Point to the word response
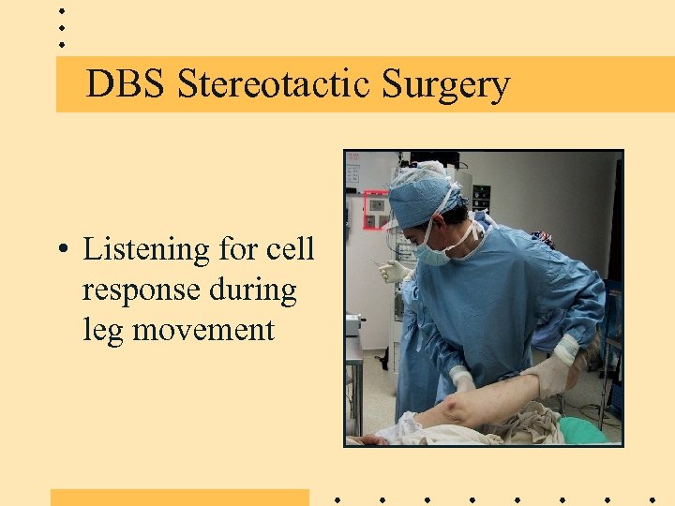[144, 290]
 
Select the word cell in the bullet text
[290, 249]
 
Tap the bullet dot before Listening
[61, 250]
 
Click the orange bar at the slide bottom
[179, 497]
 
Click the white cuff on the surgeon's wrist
[565, 349]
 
